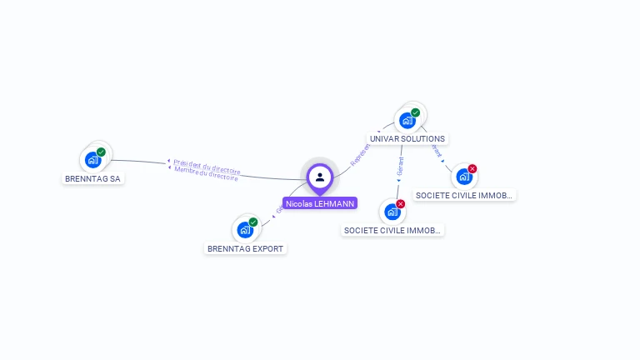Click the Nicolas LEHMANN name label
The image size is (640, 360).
320,203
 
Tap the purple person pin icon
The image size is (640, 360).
320,177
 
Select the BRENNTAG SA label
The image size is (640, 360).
92,178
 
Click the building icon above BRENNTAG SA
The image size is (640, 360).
92,160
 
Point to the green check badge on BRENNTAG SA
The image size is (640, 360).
101,152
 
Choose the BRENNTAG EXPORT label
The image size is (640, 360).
245,248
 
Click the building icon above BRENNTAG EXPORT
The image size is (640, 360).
244,229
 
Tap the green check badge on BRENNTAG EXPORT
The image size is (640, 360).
253,222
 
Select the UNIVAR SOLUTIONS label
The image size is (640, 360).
407,138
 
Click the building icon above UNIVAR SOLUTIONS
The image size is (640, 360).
407,121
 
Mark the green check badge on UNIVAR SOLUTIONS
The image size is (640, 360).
415,112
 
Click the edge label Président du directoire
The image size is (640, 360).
207,166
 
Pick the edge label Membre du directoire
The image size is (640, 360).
206,173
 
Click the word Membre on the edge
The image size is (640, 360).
186,171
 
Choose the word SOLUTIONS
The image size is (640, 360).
423,138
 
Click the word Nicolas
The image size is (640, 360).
298,203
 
